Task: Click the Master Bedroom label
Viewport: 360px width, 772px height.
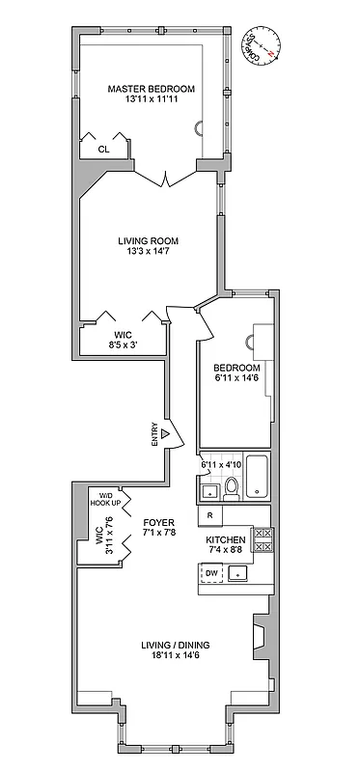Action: pyautogui.click(x=151, y=88)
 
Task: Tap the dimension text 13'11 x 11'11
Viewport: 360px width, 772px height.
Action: pyautogui.click(x=151, y=99)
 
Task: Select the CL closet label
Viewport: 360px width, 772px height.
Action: pyautogui.click(x=104, y=150)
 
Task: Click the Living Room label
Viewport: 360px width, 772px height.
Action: pyautogui.click(x=148, y=240)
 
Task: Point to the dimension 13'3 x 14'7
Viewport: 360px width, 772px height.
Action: pyautogui.click(x=148, y=252)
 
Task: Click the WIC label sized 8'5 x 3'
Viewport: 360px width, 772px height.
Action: pyautogui.click(x=123, y=335)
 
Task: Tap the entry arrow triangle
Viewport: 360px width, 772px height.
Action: pyautogui.click(x=165, y=435)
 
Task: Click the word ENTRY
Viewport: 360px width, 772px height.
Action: pyautogui.click(x=154, y=435)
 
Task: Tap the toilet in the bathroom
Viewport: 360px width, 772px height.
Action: pyautogui.click(x=231, y=487)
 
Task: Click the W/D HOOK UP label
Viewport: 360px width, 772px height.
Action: pyautogui.click(x=105, y=499)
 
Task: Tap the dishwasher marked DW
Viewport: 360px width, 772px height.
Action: pyautogui.click(x=211, y=574)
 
